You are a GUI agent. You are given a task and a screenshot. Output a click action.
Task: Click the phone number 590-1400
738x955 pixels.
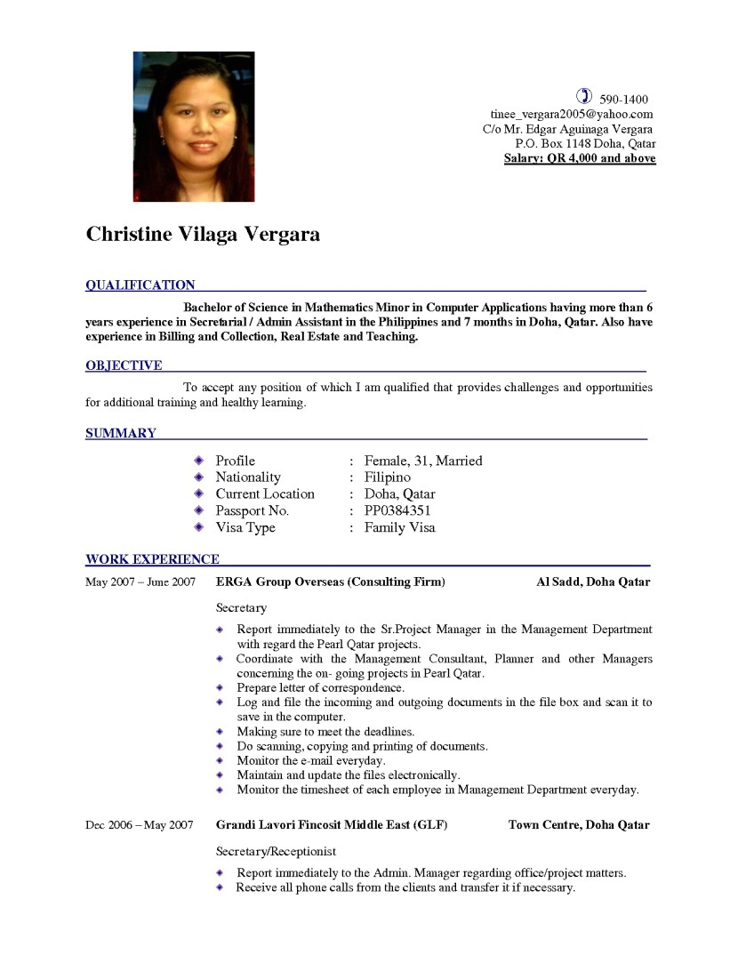623,99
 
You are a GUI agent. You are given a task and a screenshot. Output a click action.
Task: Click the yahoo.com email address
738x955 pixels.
572,114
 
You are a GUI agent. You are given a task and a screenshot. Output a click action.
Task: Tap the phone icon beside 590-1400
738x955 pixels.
584,96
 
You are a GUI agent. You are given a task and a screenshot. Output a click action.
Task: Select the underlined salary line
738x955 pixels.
580,158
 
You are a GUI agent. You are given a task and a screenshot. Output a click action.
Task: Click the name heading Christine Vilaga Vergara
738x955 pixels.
203,235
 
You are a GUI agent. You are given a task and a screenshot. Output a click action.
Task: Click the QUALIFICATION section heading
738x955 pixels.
140,285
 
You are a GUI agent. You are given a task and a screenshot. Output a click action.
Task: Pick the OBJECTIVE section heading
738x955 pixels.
124,365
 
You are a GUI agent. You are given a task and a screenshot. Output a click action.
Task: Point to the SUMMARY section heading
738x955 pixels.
121,433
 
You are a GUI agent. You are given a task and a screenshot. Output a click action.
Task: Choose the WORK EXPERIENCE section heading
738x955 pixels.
152,559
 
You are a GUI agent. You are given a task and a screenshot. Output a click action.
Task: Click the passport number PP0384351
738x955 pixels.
397,510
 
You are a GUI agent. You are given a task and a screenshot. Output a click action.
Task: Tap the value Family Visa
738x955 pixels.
400,527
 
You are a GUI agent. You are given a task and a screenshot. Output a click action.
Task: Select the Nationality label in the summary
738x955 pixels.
248,477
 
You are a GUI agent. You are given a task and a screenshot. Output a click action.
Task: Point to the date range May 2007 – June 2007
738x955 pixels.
140,582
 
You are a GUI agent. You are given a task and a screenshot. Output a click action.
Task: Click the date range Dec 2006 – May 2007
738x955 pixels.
139,825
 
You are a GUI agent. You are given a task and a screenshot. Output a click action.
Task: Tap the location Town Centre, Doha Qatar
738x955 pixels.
579,825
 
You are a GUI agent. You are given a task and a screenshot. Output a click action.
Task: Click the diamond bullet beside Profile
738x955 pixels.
198,461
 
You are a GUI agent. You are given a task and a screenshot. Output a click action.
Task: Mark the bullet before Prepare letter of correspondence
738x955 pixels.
221,687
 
